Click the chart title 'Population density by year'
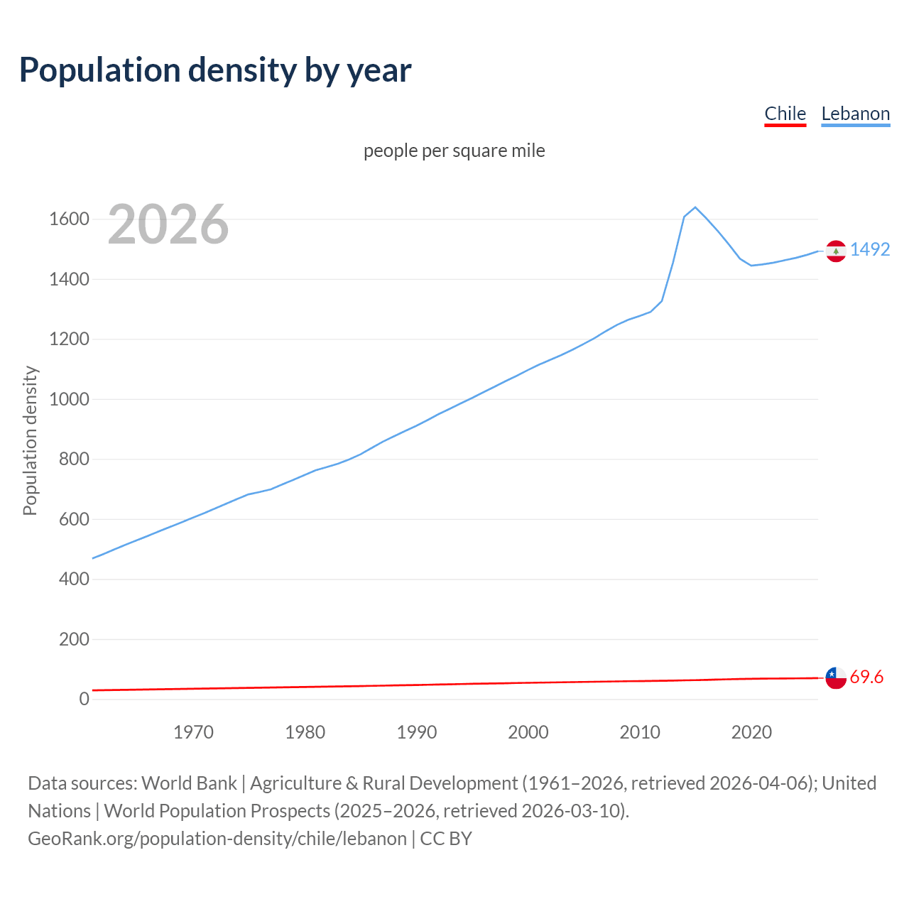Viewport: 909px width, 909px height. click(215, 70)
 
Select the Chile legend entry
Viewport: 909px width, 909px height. click(785, 114)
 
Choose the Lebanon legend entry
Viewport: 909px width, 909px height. click(855, 114)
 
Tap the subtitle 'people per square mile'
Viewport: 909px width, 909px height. click(454, 151)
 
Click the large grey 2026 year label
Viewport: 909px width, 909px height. click(168, 224)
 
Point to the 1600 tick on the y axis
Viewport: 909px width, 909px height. click(69, 219)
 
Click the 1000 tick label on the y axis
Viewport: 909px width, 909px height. click(69, 399)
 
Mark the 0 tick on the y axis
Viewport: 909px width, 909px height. click(85, 700)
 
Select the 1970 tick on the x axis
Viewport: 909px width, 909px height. click(193, 732)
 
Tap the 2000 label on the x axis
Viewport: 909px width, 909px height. click(528, 732)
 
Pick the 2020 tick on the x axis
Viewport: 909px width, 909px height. click(751, 732)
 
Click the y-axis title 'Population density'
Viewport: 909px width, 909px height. click(30, 440)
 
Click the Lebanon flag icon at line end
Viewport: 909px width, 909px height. click(836, 251)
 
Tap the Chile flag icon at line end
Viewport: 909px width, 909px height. click(836, 678)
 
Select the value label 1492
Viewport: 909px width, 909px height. click(870, 250)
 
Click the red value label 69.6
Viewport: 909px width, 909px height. click(866, 677)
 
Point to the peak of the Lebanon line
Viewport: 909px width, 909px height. click(695, 207)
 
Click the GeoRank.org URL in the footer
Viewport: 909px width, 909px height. click(217, 839)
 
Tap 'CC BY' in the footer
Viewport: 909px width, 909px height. click(446, 839)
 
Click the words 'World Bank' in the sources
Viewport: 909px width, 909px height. click(189, 783)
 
